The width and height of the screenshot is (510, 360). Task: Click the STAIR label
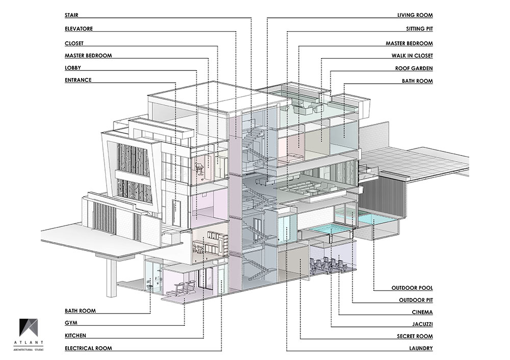pyautogui.click(x=72, y=16)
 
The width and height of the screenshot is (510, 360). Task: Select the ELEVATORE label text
pyautogui.click(x=79, y=29)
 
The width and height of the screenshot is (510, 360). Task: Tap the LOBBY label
pyautogui.click(x=73, y=68)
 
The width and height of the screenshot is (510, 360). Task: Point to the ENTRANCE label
pyautogui.click(x=78, y=81)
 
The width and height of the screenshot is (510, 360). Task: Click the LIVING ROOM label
pyautogui.click(x=415, y=16)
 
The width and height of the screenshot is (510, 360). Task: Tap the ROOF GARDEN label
pyautogui.click(x=414, y=68)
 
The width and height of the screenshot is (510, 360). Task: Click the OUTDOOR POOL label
pyautogui.click(x=412, y=288)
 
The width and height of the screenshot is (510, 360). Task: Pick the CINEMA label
pyautogui.click(x=422, y=312)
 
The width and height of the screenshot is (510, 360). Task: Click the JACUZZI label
pyautogui.click(x=421, y=324)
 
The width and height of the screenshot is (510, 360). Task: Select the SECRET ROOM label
pyautogui.click(x=415, y=337)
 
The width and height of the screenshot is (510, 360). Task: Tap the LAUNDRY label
pyautogui.click(x=420, y=349)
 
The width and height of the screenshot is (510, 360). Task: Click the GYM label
pyautogui.click(x=71, y=323)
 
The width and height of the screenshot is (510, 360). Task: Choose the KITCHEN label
pyautogui.click(x=75, y=336)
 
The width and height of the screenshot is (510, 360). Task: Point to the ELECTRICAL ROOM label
pyautogui.click(x=88, y=349)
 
